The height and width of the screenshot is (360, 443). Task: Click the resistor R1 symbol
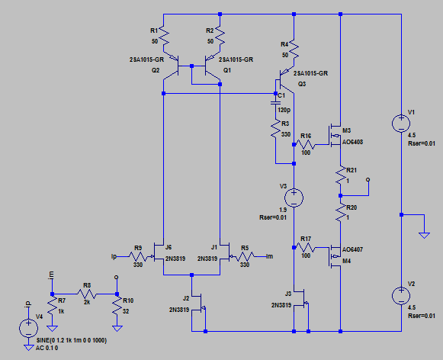point(164,37)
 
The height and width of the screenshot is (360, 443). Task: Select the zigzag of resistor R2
point(220,37)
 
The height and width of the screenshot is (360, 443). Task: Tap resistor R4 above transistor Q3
point(294,50)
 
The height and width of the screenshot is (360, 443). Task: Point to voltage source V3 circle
point(294,198)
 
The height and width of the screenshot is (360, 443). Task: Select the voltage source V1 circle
point(401,124)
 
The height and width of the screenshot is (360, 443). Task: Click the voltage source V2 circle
point(401,296)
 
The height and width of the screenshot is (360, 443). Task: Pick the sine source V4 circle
point(28,328)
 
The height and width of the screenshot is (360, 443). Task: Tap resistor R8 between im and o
point(87,294)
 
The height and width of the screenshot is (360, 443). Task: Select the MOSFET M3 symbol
point(335,136)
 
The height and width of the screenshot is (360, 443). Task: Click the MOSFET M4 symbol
point(335,256)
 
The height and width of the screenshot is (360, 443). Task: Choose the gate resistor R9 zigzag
point(138,256)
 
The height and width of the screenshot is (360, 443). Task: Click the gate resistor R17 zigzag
point(306,248)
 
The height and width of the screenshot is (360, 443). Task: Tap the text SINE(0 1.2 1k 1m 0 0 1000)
point(72,340)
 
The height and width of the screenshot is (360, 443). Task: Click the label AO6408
point(352,142)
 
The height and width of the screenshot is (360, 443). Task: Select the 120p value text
point(284,110)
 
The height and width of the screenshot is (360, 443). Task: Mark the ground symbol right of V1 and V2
point(424,235)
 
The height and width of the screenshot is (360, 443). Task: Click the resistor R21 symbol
point(341,175)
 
